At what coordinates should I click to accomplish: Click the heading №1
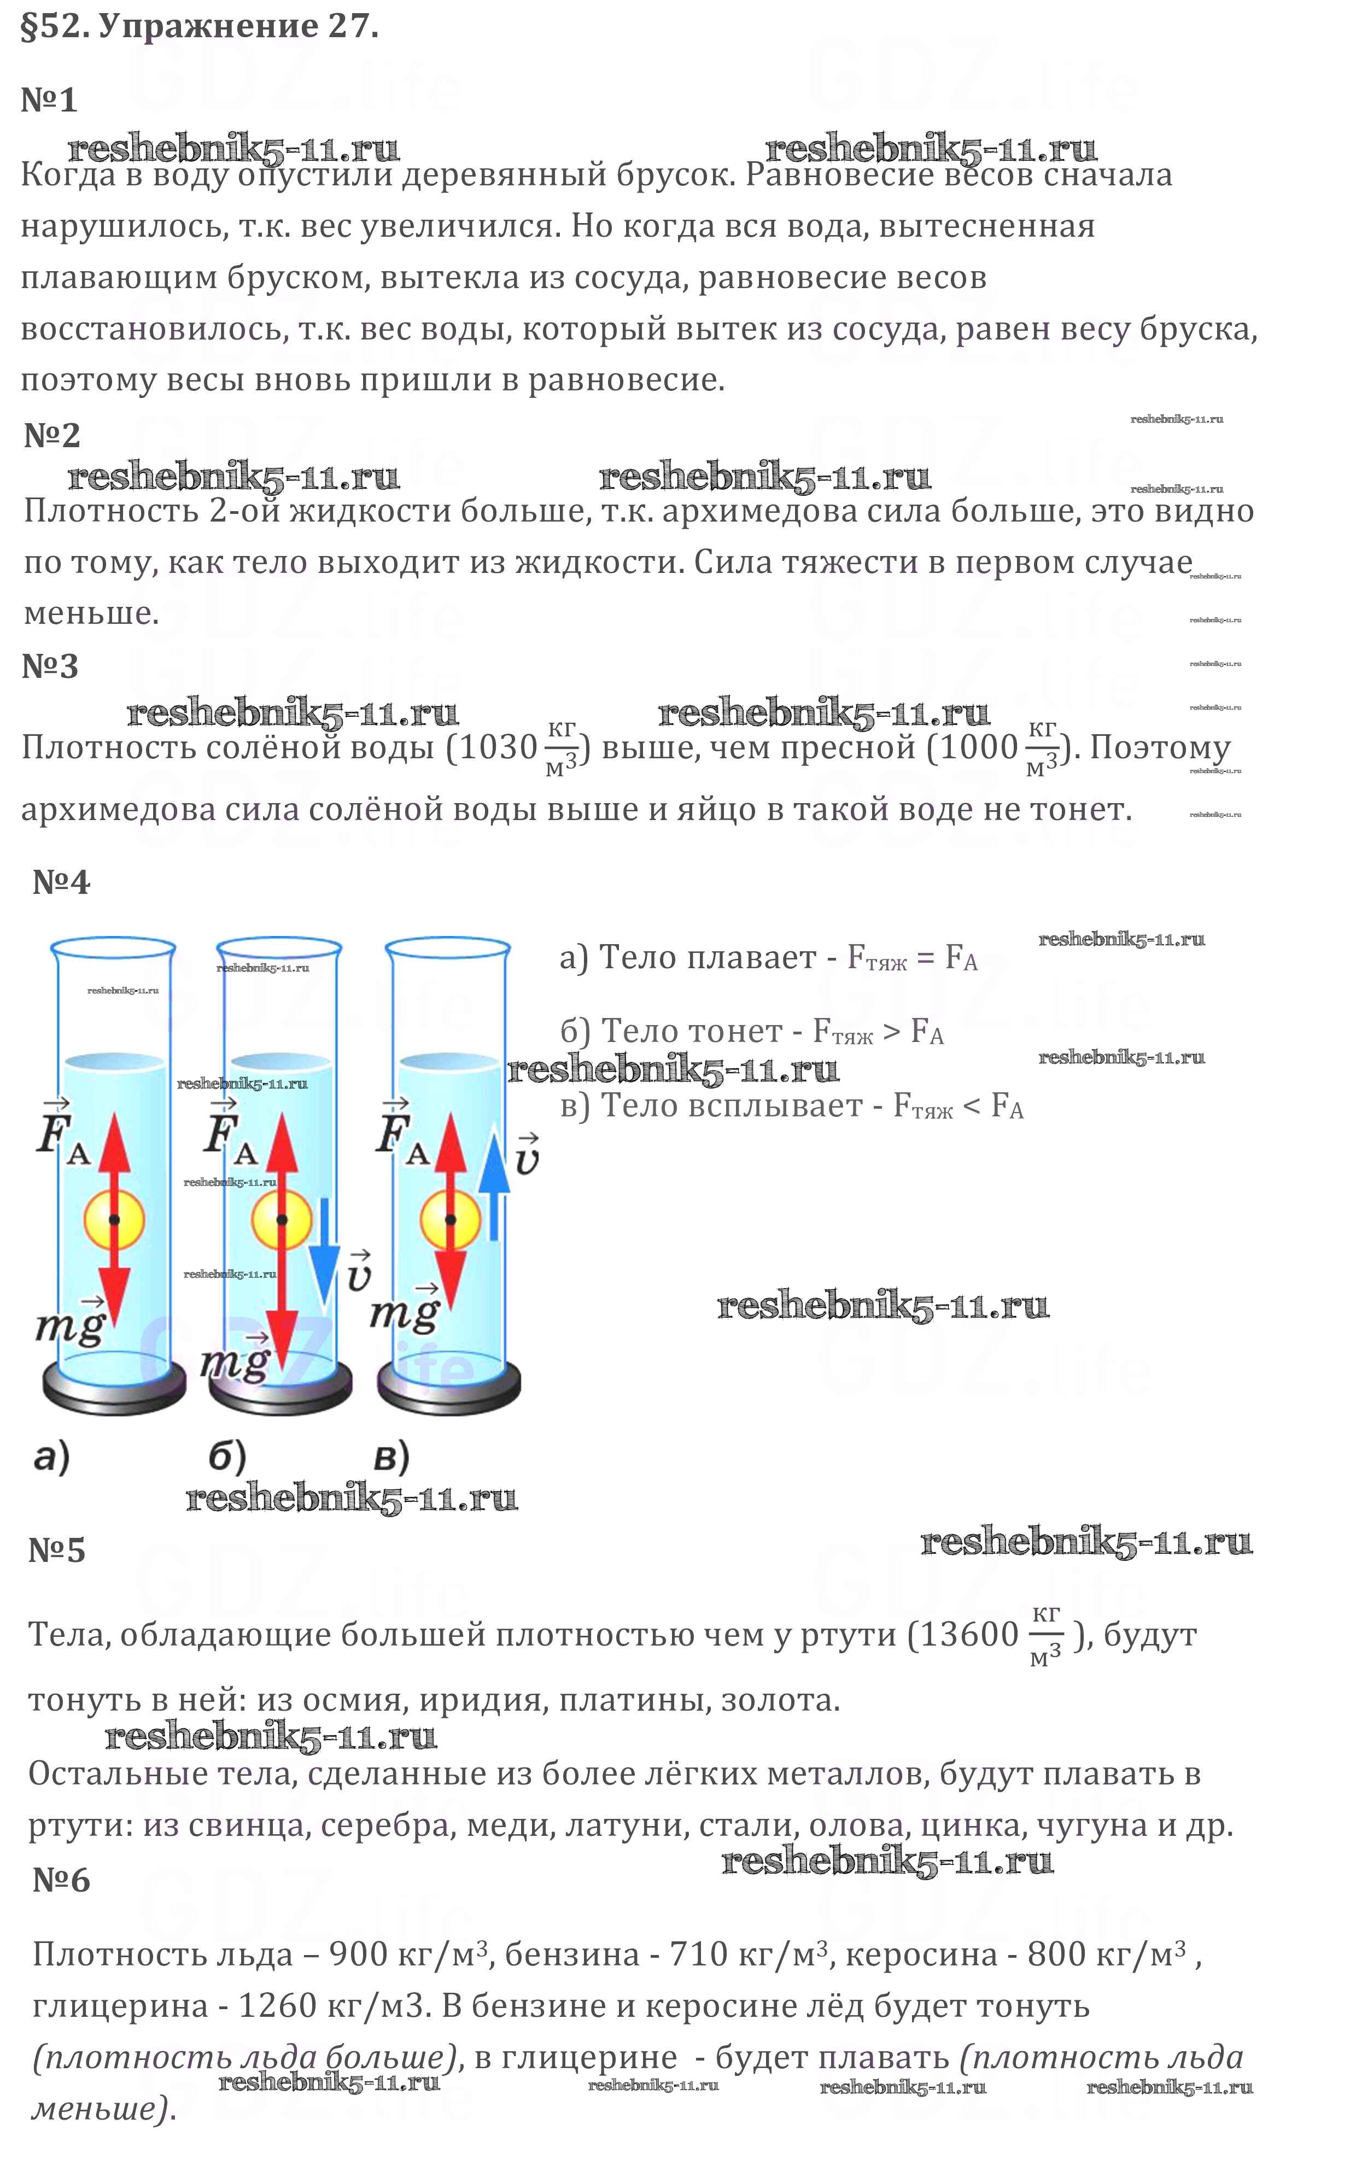click(x=49, y=100)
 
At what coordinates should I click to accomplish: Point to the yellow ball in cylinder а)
click(x=114, y=1219)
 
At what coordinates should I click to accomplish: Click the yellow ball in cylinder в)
click(x=450, y=1219)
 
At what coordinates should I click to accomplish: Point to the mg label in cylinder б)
click(x=235, y=1361)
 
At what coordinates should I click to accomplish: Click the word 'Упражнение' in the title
click(x=208, y=27)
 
